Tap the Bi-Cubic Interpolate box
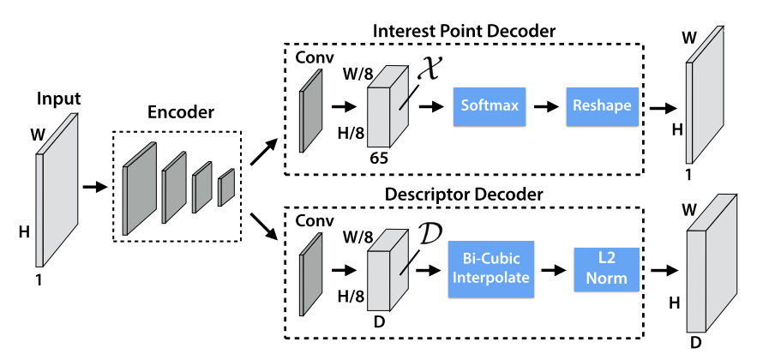tap(490, 268)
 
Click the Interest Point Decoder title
tap(464, 31)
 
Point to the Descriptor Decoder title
tap(464, 195)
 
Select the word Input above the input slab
tap(58, 99)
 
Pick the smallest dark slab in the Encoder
tap(225, 188)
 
